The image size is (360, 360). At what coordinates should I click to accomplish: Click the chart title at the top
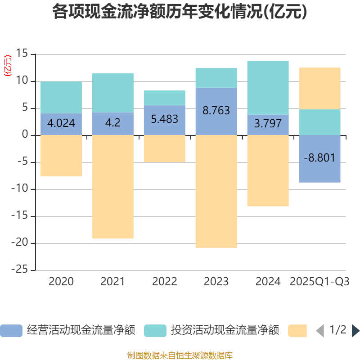pos(180,12)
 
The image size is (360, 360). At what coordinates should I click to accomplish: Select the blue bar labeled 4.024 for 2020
pos(61,124)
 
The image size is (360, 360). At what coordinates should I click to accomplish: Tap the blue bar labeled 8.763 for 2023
pos(216,111)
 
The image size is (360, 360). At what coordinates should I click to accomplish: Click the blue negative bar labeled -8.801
pos(319,159)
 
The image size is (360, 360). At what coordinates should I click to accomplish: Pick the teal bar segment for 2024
pos(268,88)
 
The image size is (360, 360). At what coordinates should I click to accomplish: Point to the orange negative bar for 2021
pos(112,187)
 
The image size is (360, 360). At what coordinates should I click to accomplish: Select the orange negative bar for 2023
pos(216,191)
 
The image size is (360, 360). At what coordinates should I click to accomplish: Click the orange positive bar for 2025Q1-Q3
pos(319,88)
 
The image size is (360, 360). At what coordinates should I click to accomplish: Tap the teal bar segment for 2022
pos(164,98)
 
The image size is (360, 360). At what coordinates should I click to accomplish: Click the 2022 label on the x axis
pos(164,282)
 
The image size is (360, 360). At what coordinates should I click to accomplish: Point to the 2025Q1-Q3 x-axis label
pos(319,282)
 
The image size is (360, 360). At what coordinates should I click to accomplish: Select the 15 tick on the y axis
pos(22,54)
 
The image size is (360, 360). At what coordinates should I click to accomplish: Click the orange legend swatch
pos(297,331)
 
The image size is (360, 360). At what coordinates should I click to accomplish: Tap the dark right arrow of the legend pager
pos(355,331)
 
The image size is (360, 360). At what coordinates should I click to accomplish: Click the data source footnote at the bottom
pos(180,355)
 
